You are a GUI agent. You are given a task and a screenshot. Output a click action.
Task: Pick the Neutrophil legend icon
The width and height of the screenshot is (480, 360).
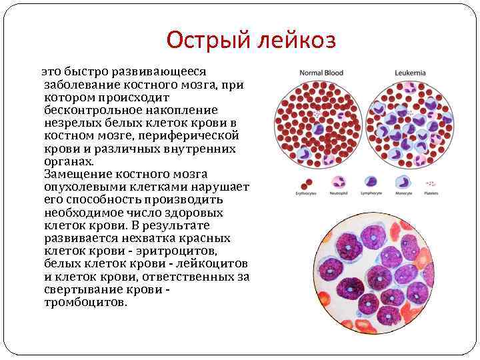tap(338, 182)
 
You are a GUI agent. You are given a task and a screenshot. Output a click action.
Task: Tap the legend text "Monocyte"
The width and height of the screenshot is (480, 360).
tap(403, 194)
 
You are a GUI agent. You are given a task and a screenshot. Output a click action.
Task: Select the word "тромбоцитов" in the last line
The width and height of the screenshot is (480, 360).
tap(84, 302)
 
